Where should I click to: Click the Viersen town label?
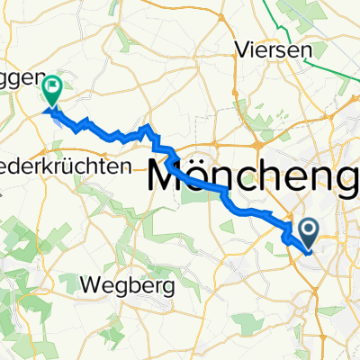(269, 50)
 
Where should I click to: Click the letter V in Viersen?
(238, 50)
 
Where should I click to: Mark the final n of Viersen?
(300, 50)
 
